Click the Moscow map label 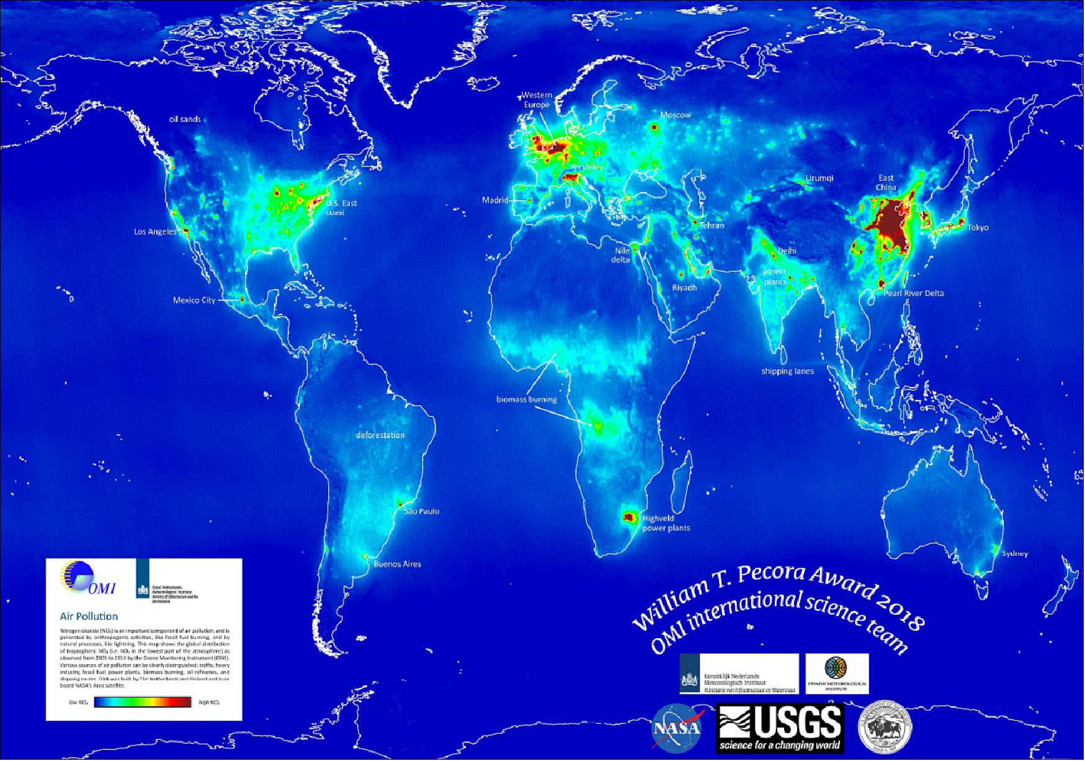tap(676, 115)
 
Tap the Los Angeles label tap(155, 232)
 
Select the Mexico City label tap(194, 300)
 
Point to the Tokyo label tap(978, 228)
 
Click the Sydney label tap(1015, 553)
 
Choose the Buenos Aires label tap(397, 564)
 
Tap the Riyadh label tap(685, 288)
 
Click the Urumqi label tap(819, 178)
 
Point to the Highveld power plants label tap(666, 523)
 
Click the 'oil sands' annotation tap(185, 119)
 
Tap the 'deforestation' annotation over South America tap(380, 435)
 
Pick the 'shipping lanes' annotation tap(787, 371)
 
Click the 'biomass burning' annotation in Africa tap(526, 399)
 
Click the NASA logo tap(677, 726)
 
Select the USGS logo tap(780, 727)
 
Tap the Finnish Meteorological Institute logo tap(837, 673)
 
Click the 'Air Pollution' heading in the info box tap(89, 616)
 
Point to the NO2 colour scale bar tap(143, 703)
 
